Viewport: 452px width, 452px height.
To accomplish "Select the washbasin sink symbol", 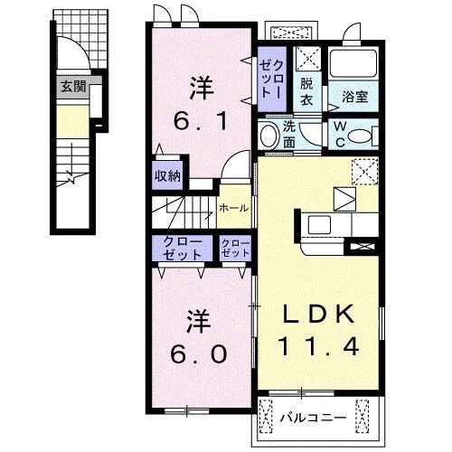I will [268, 137].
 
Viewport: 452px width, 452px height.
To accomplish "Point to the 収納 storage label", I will [165, 175].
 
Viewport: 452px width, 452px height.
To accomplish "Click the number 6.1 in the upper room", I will [202, 119].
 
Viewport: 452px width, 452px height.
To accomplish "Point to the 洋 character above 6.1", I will [201, 89].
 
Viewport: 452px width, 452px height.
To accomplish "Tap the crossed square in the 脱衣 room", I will [306, 60].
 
